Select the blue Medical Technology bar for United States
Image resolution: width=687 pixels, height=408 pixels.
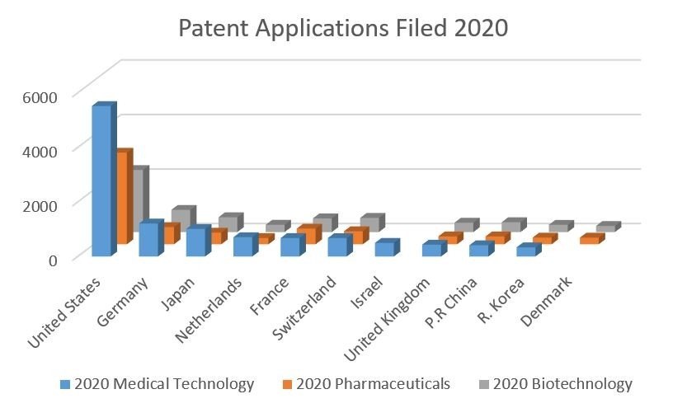[101, 181]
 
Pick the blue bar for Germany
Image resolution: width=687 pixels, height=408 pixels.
[149, 239]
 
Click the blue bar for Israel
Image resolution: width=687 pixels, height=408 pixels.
[384, 249]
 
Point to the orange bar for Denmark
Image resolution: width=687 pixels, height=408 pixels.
[591, 240]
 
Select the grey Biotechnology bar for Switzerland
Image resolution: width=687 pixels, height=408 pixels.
[369, 223]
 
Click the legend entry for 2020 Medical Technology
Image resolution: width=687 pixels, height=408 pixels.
[157, 384]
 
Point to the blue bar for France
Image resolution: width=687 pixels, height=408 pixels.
[290, 246]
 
